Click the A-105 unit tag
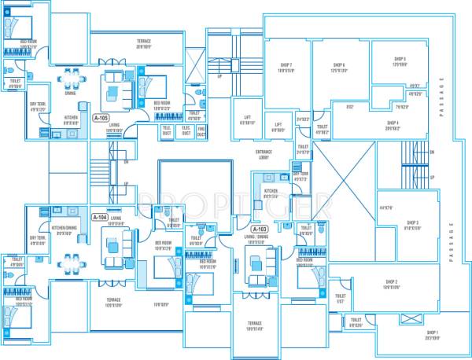[101, 118]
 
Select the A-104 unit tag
[100, 217]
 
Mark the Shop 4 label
[393, 124]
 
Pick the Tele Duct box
[167, 130]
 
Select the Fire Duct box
[201, 130]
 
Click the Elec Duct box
[186, 130]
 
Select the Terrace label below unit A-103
[254, 325]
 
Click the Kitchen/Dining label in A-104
[67, 230]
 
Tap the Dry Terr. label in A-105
[37, 106]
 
